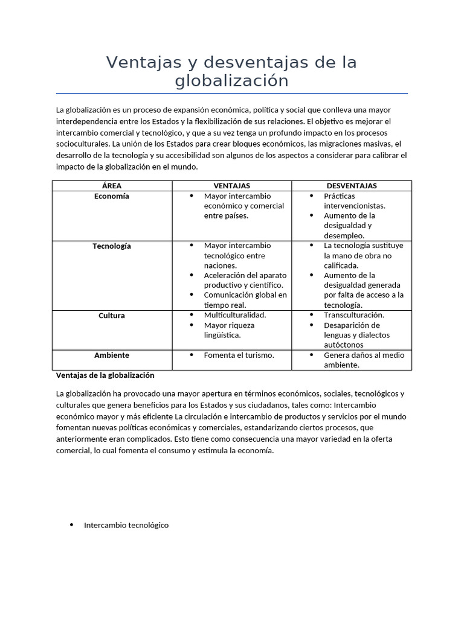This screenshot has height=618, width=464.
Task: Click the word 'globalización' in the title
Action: click(231, 81)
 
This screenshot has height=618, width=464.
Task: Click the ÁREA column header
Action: click(112, 186)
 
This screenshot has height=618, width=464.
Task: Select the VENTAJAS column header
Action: click(231, 186)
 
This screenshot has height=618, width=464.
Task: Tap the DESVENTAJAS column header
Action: click(352, 186)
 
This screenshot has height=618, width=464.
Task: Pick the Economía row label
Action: click(112, 196)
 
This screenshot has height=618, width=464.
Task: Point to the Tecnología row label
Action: click(112, 246)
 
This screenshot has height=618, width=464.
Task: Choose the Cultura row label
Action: click(112, 316)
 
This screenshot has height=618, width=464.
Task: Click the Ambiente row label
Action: click(112, 355)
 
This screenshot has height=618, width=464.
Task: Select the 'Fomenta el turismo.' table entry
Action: click(239, 355)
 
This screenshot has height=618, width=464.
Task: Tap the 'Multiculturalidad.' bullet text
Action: click(235, 315)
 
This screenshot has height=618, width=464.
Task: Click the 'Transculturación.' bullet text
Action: click(354, 315)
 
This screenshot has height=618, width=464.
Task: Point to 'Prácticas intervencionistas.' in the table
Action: click(354, 201)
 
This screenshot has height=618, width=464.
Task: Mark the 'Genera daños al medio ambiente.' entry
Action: click(362, 360)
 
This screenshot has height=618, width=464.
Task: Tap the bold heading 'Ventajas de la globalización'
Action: click(105, 375)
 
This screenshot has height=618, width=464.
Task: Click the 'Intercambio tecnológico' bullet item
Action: click(126, 525)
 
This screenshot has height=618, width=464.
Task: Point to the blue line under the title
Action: click(231, 94)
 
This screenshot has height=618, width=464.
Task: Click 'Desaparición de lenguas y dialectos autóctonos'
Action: click(356, 335)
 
